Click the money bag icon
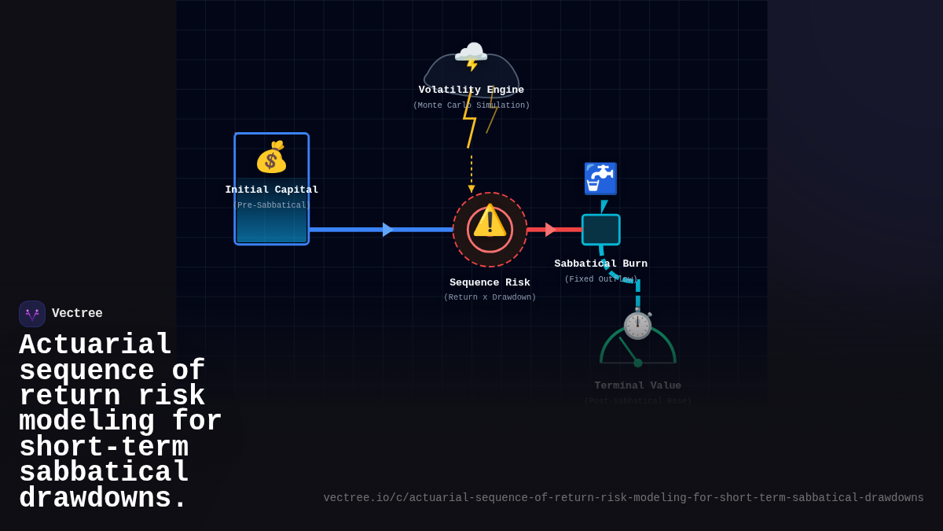tap(271, 157)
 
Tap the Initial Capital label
tap(272, 190)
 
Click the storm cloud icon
tap(471, 56)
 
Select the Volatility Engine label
tap(472, 90)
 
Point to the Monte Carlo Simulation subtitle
tap(472, 105)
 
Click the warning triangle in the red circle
tap(490, 221)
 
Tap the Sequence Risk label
tap(490, 282)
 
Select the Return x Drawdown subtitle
tap(490, 297)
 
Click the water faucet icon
tap(600, 179)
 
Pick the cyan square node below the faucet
tap(601, 230)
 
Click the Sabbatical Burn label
tap(601, 264)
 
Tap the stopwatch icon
tap(637, 325)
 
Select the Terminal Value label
tap(637, 385)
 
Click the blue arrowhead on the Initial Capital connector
tap(387, 230)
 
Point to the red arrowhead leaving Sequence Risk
tap(550, 230)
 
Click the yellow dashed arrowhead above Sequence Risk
tap(472, 189)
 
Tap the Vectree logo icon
tap(32, 314)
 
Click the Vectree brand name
tap(77, 313)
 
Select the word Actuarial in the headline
tap(95, 345)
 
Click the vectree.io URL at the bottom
tap(623, 498)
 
